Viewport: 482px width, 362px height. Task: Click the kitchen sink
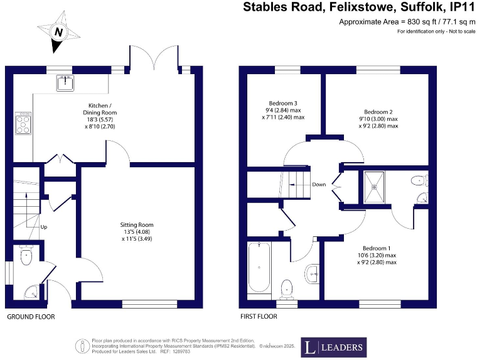[65, 82]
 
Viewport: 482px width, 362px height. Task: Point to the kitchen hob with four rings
[24, 124]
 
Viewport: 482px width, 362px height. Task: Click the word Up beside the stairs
[43, 226]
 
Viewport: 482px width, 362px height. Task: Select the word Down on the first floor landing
[319, 185]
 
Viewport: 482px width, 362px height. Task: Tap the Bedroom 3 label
[282, 110]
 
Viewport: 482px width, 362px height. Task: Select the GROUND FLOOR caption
[31, 317]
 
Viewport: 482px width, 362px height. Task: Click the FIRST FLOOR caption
[259, 317]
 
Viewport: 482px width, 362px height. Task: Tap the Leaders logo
[333, 347]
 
